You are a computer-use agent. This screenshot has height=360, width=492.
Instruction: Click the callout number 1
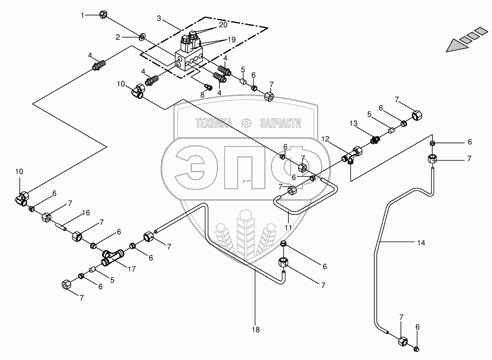(82, 15)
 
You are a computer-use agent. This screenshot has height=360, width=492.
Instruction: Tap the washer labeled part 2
(141, 37)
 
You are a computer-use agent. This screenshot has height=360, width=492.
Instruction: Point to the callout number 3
(159, 18)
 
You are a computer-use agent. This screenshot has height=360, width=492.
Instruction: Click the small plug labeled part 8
(210, 86)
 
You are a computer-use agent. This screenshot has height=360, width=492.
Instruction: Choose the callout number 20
(223, 24)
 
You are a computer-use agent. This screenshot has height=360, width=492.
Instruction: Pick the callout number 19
(231, 39)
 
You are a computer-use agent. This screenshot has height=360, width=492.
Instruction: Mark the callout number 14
(421, 243)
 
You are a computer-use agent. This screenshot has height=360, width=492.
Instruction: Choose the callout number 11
(288, 227)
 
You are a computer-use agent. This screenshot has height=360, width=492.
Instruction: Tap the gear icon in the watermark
(247, 123)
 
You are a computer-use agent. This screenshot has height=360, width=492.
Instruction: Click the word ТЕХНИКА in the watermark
(213, 123)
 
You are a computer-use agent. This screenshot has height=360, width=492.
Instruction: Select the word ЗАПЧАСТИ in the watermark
(280, 123)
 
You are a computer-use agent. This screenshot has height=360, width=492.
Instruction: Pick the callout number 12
(326, 139)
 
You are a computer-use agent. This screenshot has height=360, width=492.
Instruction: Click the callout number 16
(86, 213)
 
